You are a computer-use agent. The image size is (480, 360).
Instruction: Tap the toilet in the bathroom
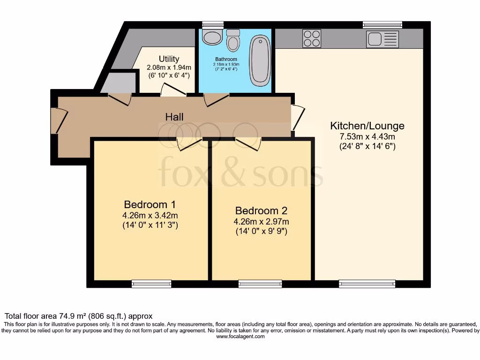(x=233, y=41)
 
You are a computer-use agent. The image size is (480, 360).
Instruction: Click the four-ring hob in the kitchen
(x=312, y=38)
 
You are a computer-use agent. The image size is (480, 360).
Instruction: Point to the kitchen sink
(x=382, y=39)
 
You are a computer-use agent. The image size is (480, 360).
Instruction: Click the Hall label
(x=174, y=117)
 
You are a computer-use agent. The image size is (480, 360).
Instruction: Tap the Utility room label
(x=169, y=59)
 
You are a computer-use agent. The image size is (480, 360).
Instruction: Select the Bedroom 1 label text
(x=150, y=205)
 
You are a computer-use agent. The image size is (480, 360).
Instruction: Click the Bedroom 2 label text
(x=261, y=211)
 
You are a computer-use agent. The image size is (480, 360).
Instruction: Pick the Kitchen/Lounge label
(x=367, y=126)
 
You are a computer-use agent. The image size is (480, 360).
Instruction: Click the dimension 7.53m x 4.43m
(x=367, y=137)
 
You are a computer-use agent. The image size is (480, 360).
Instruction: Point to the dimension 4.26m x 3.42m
(x=150, y=216)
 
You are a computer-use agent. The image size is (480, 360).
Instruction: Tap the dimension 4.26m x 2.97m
(x=261, y=222)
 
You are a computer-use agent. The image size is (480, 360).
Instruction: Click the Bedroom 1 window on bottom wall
(x=151, y=284)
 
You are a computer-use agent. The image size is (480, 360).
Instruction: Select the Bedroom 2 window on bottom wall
(x=260, y=284)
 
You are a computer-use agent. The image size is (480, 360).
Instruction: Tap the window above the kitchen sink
(x=382, y=25)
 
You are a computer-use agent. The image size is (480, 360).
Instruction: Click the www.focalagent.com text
(x=240, y=337)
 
